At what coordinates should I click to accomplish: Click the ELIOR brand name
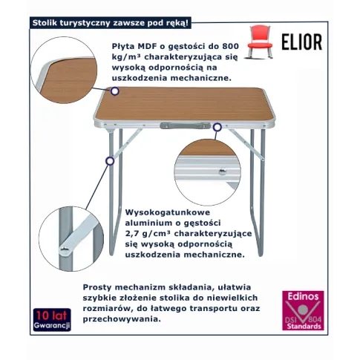coord(302,42)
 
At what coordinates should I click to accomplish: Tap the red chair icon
coord(260,42)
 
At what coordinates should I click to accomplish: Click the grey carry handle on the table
coord(185,125)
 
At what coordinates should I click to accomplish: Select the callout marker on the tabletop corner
coord(114,91)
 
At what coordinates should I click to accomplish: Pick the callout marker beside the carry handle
coord(217,127)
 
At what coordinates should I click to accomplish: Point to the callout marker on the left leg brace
coord(110,161)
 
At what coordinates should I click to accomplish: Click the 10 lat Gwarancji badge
coord(52,320)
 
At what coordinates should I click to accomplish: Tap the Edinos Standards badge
coord(303,310)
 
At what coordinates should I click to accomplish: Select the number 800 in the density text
coord(230,46)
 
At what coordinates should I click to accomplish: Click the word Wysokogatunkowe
coord(168,212)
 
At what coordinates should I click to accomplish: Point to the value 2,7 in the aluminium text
coord(133,234)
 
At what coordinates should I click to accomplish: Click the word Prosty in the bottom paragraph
coord(96,287)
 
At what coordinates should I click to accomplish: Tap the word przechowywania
coord(122,319)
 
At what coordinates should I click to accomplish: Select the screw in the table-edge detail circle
coord(222,171)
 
